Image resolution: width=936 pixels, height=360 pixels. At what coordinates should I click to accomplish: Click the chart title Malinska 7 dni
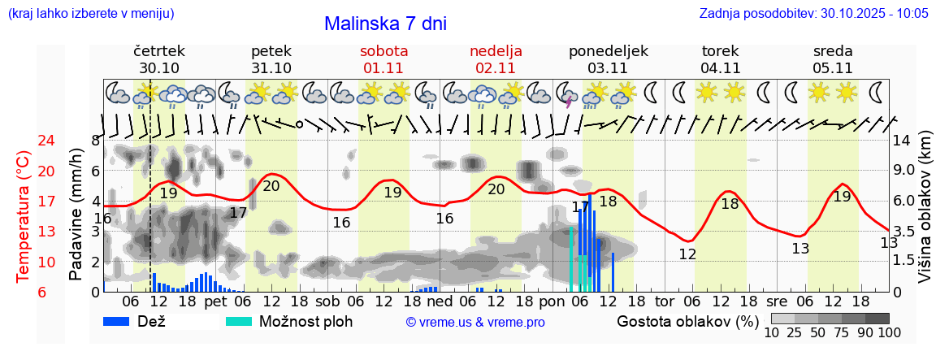[385, 24]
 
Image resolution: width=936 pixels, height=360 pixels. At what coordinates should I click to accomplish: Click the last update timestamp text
[813, 13]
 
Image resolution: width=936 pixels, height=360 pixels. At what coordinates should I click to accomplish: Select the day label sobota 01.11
[383, 59]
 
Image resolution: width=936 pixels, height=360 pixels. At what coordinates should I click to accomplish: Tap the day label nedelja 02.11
[496, 59]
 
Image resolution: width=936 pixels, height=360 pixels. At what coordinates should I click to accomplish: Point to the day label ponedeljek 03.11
[609, 59]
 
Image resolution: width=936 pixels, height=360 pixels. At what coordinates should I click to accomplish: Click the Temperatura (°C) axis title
[24, 216]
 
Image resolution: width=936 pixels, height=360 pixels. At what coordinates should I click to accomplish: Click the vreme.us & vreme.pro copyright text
[474, 323]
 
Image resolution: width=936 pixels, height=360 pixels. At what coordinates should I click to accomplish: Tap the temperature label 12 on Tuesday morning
[687, 254]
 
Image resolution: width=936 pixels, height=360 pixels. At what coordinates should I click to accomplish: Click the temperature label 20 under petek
[271, 186]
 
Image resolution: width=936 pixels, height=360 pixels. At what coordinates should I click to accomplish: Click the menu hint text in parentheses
[90, 13]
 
